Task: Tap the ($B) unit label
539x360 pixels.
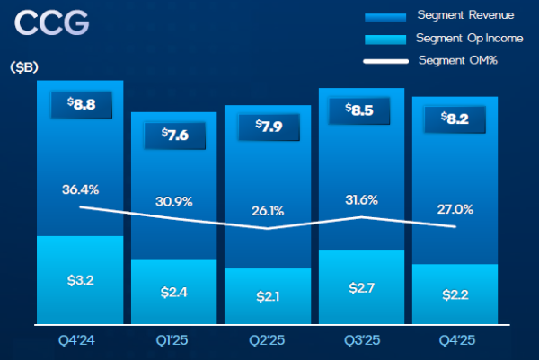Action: click(x=25, y=68)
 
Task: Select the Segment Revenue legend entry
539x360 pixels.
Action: click(x=459, y=17)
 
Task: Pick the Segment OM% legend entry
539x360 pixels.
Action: click(x=457, y=60)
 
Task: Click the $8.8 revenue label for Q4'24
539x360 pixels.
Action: click(x=80, y=103)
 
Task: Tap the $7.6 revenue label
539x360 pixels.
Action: click(x=174, y=135)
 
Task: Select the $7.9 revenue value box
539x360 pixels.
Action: click(x=268, y=126)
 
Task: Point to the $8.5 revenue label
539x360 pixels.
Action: click(x=361, y=111)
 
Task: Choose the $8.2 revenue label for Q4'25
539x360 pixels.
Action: click(x=455, y=118)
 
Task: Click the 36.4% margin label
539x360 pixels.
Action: click(x=80, y=189)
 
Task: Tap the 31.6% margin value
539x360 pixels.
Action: click(x=361, y=199)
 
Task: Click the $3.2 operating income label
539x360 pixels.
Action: click(x=80, y=281)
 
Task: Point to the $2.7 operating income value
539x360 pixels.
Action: click(x=361, y=288)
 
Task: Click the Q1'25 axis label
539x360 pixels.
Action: click(x=174, y=342)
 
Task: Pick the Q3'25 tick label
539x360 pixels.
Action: click(x=361, y=342)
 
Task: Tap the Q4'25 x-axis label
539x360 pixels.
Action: click(x=455, y=342)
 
